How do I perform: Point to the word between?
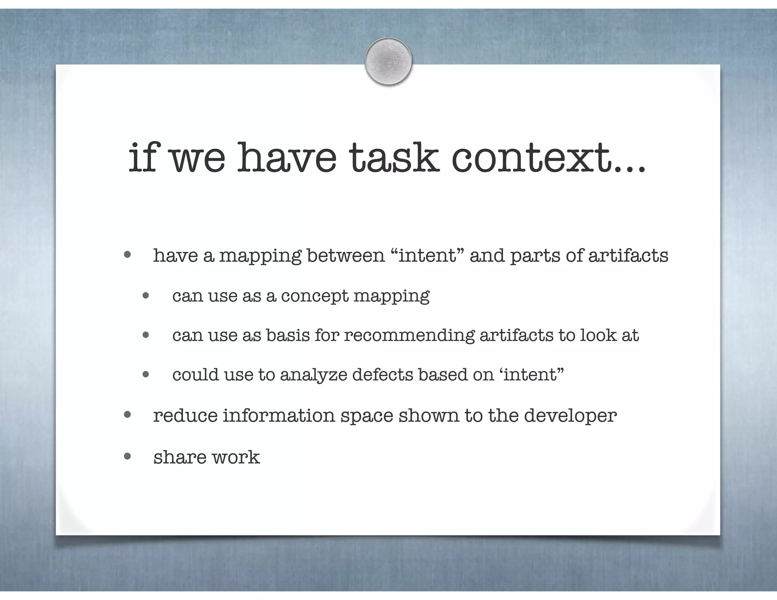346,255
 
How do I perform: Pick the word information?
279,415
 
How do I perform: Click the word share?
180,457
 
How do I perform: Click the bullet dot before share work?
127,456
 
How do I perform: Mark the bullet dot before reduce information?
127,415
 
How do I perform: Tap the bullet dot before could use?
146,375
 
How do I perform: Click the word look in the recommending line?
598,335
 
